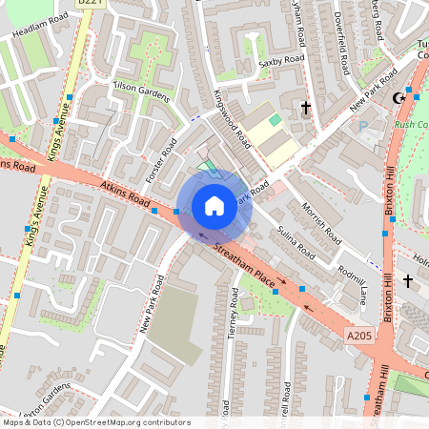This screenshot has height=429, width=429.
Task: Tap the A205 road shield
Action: pos(358,336)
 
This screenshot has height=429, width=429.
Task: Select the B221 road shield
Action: pos(88,4)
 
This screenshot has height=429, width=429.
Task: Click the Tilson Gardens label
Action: pos(141,91)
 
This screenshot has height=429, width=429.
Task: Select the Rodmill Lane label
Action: pos(350,283)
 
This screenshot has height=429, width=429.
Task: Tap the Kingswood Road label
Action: pos(232,119)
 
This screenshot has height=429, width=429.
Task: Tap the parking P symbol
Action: pos(361,126)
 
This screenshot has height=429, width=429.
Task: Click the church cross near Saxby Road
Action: pos(306,108)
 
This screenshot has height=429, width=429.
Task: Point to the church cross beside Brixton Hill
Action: pos(408,281)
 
